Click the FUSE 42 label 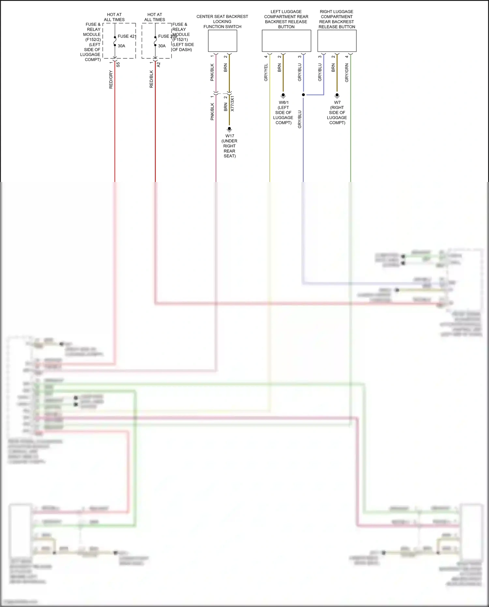click(x=126, y=36)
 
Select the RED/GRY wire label click(x=111, y=79)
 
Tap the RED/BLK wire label click(x=151, y=79)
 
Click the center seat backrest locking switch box click(x=222, y=41)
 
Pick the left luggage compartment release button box click(x=286, y=41)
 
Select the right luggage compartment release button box click(x=337, y=41)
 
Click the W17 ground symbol click(x=230, y=129)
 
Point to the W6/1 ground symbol click(x=283, y=96)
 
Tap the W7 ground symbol click(x=337, y=96)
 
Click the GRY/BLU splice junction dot click(x=303, y=95)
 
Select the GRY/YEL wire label click(x=266, y=72)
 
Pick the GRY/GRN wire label click(x=347, y=72)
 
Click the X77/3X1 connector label click(x=232, y=104)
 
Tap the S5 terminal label click(x=118, y=65)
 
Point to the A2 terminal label click(x=158, y=65)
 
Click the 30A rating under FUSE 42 click(x=121, y=46)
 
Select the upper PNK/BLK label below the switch click(x=212, y=72)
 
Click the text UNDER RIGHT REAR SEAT click(x=230, y=148)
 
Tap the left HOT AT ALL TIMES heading click(x=114, y=17)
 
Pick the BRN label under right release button click(x=333, y=68)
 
